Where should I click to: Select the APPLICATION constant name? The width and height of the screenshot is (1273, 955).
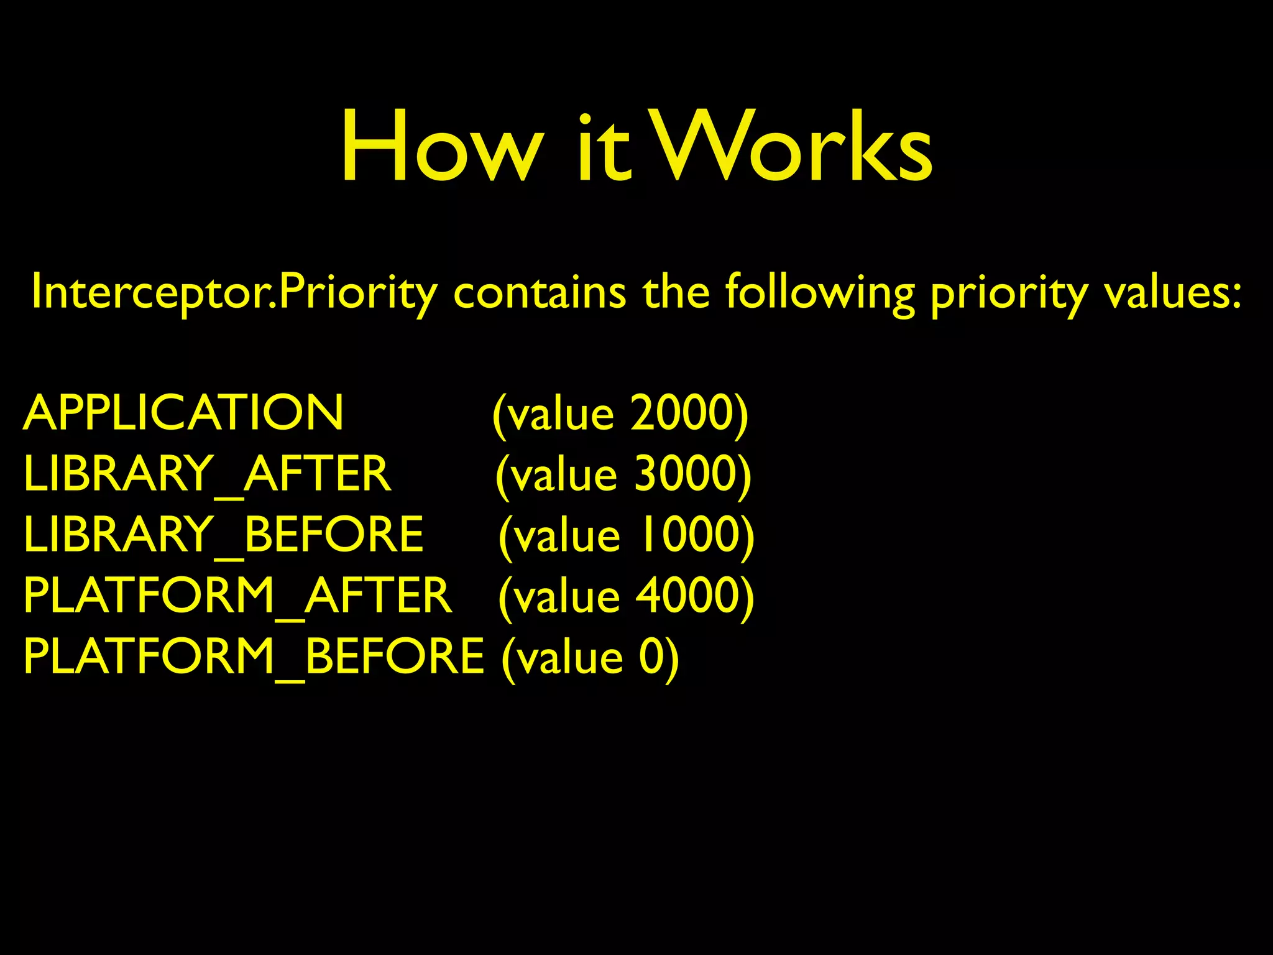pos(183,413)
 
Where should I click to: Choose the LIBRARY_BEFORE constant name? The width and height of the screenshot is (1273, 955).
pos(223,535)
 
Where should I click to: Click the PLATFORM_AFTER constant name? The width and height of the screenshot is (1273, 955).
pos(237,596)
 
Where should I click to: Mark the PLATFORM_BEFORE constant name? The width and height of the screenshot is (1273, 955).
pos(254,657)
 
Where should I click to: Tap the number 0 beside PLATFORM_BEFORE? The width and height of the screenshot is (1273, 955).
pos(651,657)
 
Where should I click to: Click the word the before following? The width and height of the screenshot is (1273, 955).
pos(676,292)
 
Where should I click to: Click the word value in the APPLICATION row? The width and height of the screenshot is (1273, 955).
pos(562,414)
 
